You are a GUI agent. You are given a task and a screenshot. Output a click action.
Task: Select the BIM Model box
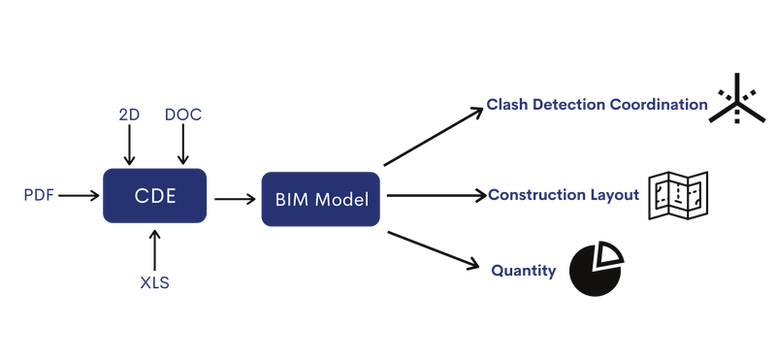320,199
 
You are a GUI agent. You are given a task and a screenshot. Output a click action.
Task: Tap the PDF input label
39,196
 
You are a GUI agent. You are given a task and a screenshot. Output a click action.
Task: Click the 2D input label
127,115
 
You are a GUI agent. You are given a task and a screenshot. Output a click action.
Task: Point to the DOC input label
182,115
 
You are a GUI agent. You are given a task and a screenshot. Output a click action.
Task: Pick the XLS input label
154,281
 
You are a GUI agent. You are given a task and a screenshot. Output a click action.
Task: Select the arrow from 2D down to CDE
127,146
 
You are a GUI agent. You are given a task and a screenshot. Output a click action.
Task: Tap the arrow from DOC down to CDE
182,146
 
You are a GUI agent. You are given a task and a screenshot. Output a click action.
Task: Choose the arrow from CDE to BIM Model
234,199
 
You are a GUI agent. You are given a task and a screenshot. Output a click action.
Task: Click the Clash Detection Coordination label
598,104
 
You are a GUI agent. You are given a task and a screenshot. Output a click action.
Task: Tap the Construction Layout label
564,195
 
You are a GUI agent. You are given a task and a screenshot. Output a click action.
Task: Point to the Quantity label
524,271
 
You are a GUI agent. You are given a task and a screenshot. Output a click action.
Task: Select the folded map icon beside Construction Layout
679,194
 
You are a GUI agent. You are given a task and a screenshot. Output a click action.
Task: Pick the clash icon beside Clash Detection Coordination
738,101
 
